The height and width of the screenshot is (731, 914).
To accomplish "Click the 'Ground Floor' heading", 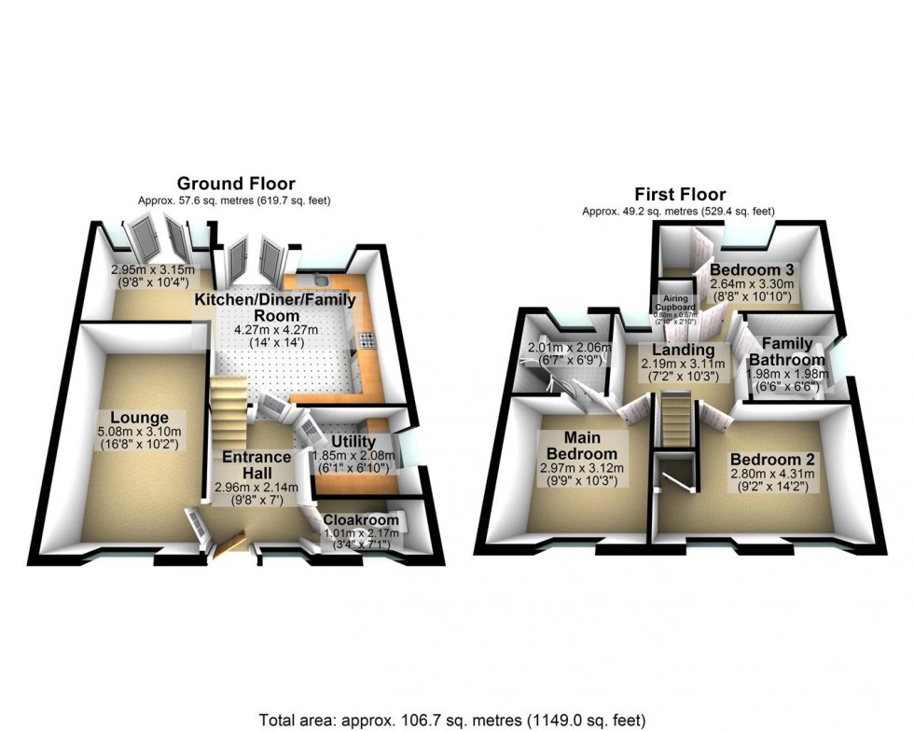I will click(236, 183).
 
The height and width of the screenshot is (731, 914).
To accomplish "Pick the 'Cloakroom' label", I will click(362, 520).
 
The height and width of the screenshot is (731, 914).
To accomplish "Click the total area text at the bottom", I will click(452, 720).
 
